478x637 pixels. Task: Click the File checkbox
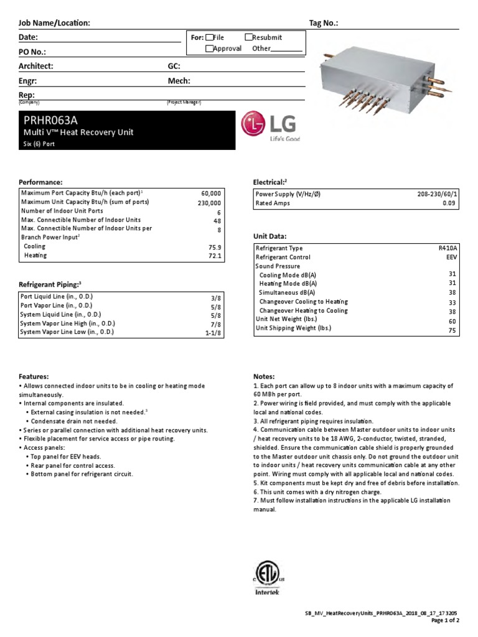(209, 38)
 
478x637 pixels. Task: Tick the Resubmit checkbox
(248, 38)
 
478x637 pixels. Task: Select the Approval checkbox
(209, 49)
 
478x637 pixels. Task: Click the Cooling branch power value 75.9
(213, 246)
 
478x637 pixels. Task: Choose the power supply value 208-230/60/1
(438, 194)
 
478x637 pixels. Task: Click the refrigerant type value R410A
(448, 248)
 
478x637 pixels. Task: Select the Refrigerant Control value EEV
(451, 256)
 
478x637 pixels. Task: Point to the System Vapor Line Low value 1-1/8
(212, 333)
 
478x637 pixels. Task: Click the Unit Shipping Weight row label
(294, 328)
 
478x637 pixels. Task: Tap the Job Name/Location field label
(55, 23)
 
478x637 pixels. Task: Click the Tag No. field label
(324, 23)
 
